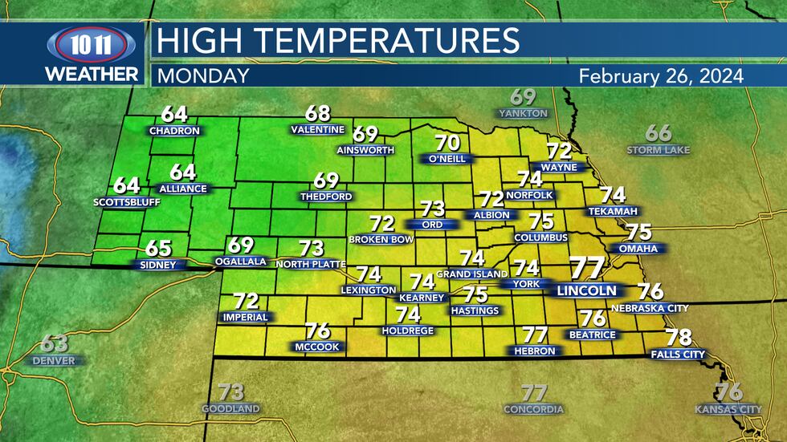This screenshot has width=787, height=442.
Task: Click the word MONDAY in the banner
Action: coord(202,76)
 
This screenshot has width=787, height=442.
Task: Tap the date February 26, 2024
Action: coord(661,76)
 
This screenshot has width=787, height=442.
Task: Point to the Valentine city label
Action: coord(318,130)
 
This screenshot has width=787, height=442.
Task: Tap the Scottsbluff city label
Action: coord(127,202)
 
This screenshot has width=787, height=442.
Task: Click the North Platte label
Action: coord(310,264)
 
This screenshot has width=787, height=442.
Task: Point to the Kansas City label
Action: coord(728,410)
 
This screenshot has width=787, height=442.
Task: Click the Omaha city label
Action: coord(638,249)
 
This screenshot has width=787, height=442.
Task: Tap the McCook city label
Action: coord(317,347)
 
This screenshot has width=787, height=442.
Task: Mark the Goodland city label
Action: coord(230,409)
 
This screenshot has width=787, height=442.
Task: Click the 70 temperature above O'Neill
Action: coord(447,144)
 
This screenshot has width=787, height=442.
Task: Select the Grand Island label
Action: coord(472,274)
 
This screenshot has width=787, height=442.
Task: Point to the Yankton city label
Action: coord(523,114)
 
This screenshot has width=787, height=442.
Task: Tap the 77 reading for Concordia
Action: coord(534,393)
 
